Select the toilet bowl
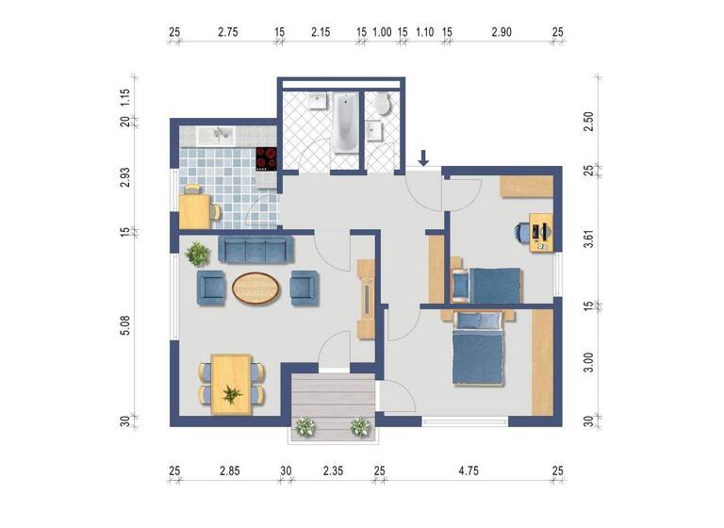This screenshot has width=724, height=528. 382,104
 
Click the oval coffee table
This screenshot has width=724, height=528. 255,288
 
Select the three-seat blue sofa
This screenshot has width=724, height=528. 256,249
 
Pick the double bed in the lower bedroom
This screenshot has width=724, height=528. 482,355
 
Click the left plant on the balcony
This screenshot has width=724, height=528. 304,427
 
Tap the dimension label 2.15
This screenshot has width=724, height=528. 321,32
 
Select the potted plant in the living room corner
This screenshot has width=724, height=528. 198,253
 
